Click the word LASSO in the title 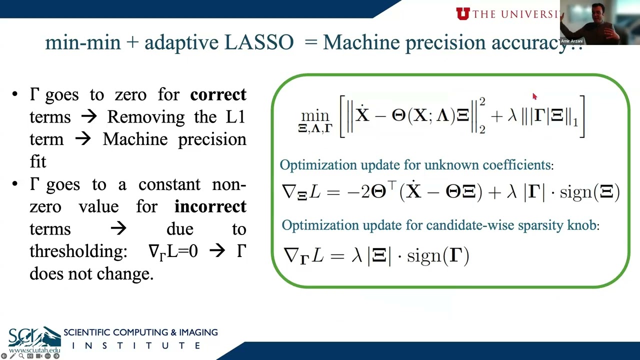[x=258, y=42]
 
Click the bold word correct [x=218, y=94]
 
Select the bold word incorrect [x=210, y=206]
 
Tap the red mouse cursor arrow [x=534, y=96]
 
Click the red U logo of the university [x=462, y=13]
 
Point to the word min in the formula [x=315, y=115]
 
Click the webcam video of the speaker [x=599, y=22]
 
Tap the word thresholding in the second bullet [x=78, y=251]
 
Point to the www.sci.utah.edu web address [x=34, y=351]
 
